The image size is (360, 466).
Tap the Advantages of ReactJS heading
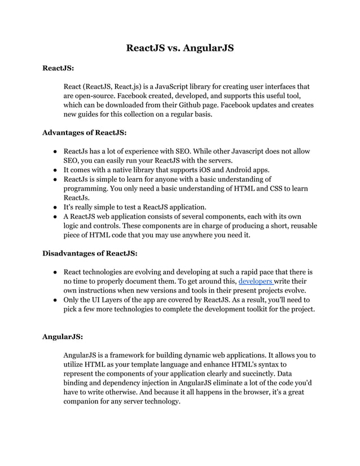point(85,133)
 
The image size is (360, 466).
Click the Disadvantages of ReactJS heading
point(90,253)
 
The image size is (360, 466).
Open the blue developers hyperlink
point(256,280)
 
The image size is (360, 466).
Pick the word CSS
point(274,188)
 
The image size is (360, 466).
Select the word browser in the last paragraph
point(234,392)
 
